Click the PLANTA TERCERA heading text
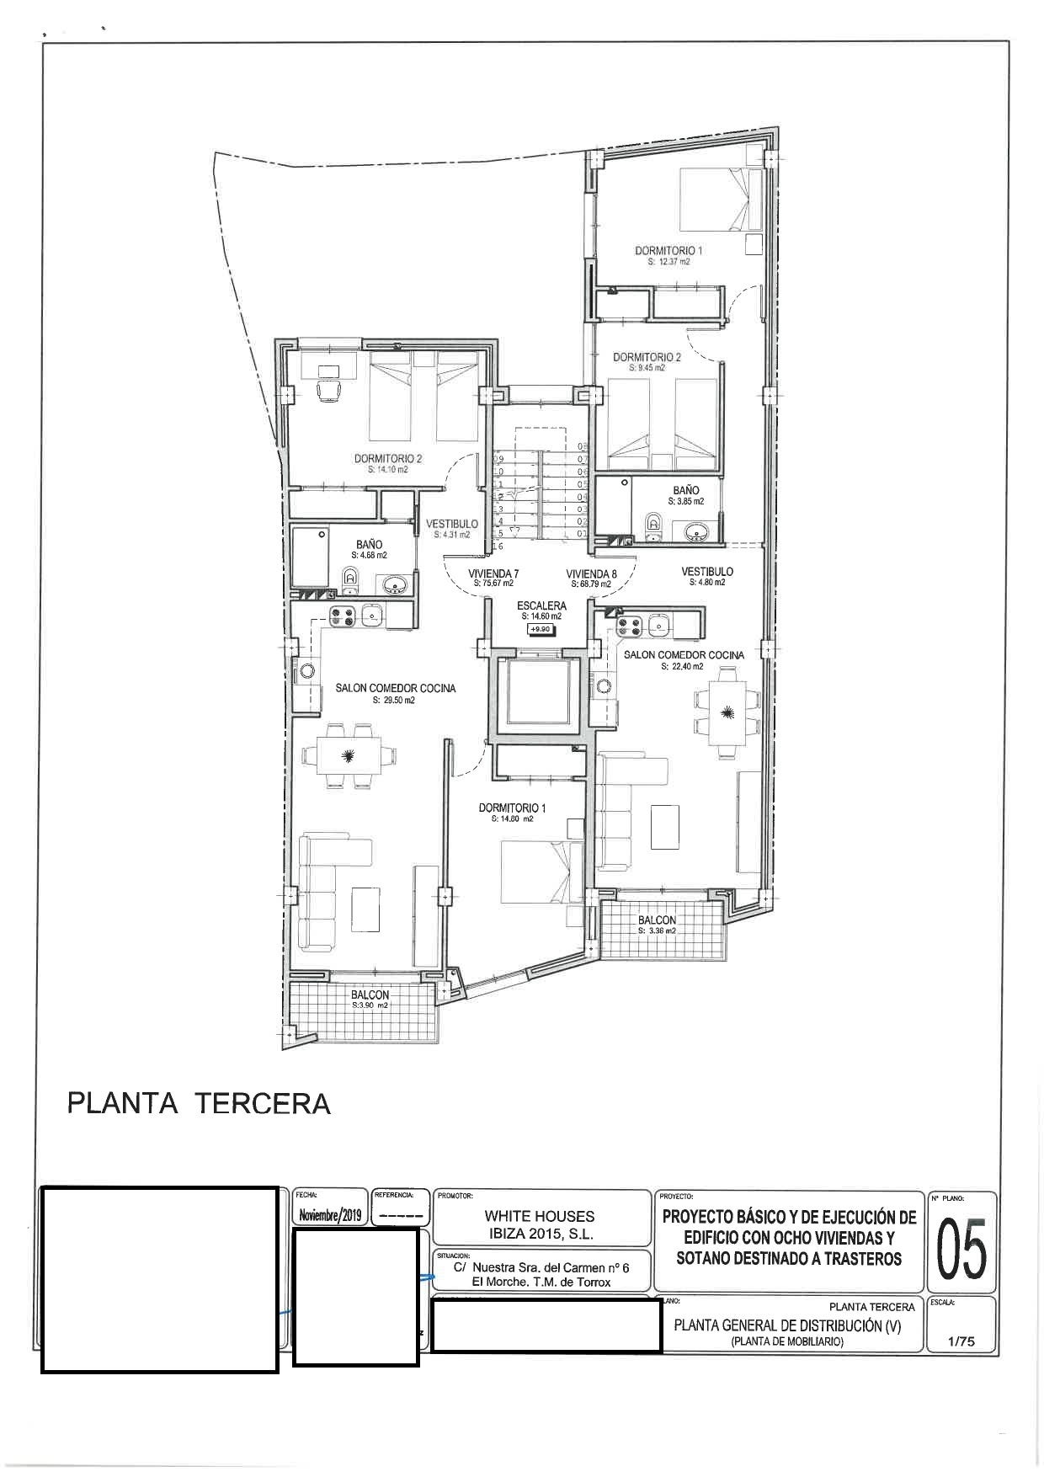pyautogui.click(x=199, y=1103)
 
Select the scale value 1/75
pyautogui.click(x=961, y=1342)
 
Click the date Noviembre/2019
pyautogui.click(x=330, y=1216)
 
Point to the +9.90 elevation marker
pyautogui.click(x=539, y=629)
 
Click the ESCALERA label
pyautogui.click(x=541, y=605)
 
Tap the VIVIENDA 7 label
pyautogui.click(x=493, y=573)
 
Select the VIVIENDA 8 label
pyautogui.click(x=591, y=573)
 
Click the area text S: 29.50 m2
pyautogui.click(x=395, y=700)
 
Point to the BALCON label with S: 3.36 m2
pyautogui.click(x=657, y=920)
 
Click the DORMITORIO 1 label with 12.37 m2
pyautogui.click(x=668, y=251)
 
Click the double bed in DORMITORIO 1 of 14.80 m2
pyautogui.click(x=539, y=872)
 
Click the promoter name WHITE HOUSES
pyautogui.click(x=539, y=1216)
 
